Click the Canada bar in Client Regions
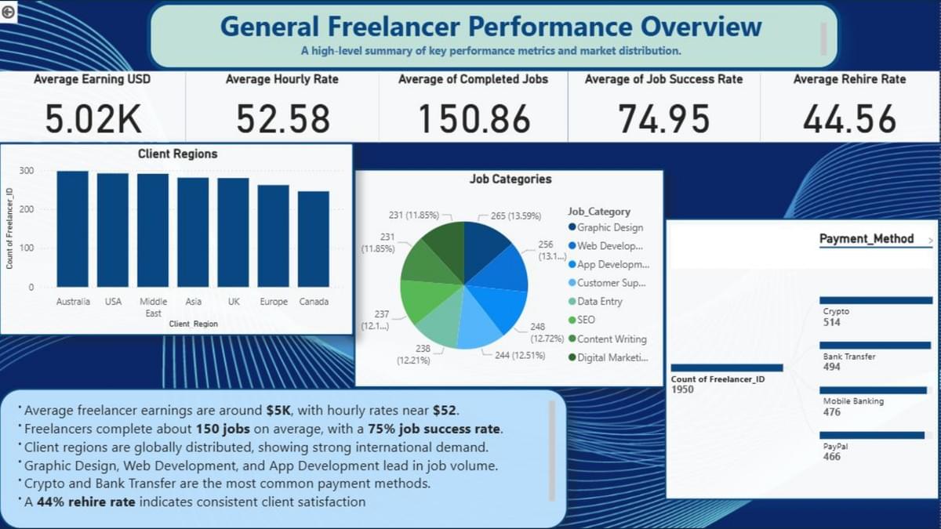pos(314,239)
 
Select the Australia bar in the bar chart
pos(73,229)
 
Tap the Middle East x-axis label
pos(154,306)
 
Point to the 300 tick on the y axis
pos(27,171)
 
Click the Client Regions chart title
pos(177,154)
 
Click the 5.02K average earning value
pos(93,119)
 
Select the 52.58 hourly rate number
pos(283,119)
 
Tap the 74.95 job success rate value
pos(663,119)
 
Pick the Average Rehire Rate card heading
pos(849,79)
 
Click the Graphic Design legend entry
pos(609,228)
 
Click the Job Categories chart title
pos(510,179)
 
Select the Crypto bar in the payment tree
pos(876,300)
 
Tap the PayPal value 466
pos(832,457)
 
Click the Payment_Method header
pos(866,239)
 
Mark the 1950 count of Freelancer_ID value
pos(682,390)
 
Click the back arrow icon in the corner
pos(9,12)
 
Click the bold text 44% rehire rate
pos(86,502)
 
